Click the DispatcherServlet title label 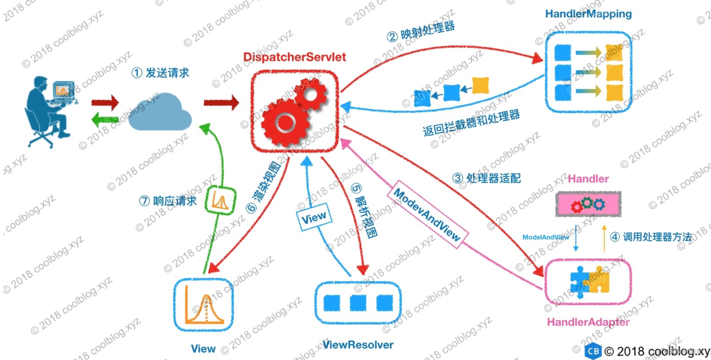point(295,57)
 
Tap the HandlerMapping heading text point(588,13)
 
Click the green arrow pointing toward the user point(106,119)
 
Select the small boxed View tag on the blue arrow point(313,219)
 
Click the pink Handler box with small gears point(588,203)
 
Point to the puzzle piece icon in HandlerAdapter point(589,280)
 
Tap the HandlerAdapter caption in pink point(588,322)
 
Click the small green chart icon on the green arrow point(219,199)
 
